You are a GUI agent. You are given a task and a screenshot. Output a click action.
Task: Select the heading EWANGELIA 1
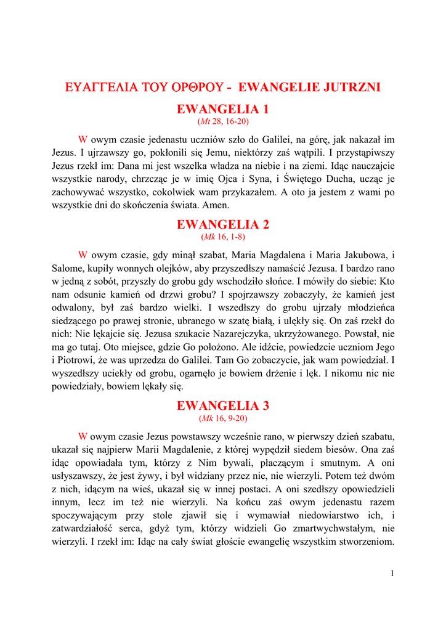tap(223, 110)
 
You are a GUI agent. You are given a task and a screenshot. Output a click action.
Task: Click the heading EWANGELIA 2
tap(223, 225)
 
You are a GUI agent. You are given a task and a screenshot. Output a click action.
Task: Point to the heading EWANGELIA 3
tap(223, 406)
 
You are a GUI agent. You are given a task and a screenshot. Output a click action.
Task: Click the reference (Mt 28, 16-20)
tap(223, 121)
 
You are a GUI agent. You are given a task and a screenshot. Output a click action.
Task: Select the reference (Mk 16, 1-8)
tap(223, 237)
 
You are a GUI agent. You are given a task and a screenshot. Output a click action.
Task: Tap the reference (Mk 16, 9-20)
tap(223, 418)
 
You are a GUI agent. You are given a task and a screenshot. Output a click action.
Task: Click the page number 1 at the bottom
tap(392, 574)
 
